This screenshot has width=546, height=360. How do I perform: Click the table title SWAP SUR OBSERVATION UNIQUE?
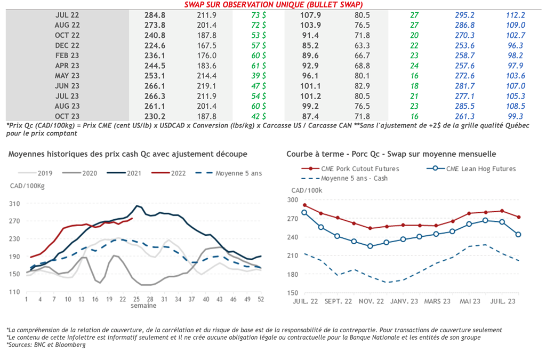click(277, 5)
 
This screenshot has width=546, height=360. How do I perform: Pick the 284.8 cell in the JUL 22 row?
click(155, 15)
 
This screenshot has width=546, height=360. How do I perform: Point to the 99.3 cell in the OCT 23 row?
click(515, 116)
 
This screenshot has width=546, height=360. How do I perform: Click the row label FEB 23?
click(67, 55)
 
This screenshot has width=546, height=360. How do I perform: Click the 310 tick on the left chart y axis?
click(14, 204)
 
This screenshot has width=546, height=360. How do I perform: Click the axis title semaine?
click(144, 306)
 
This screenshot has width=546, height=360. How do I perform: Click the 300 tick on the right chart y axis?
click(293, 200)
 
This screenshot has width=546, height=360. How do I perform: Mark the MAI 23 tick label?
click(471, 301)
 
